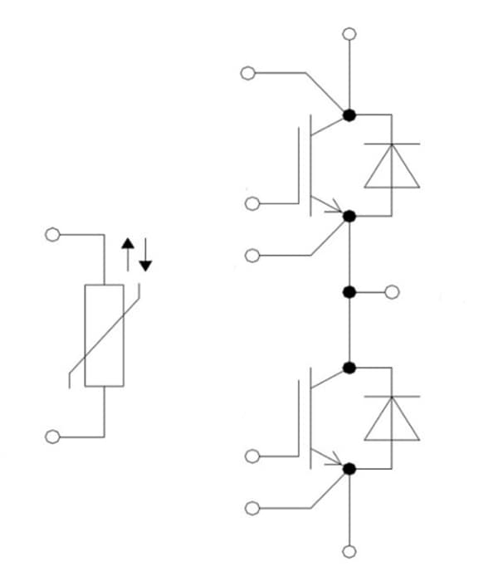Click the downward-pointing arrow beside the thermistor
(146, 255)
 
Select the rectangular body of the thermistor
(105, 335)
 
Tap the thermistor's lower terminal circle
(52, 436)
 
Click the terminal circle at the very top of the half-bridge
(349, 35)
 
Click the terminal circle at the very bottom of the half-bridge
(349, 551)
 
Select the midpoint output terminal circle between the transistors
(392, 292)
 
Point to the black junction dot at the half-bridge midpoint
(349, 292)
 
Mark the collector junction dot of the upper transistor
(349, 115)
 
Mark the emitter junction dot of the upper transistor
(349, 216)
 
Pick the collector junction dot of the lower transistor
(349, 368)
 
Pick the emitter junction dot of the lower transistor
(349, 469)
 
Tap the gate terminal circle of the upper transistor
(252, 203)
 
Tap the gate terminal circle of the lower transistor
(252, 456)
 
